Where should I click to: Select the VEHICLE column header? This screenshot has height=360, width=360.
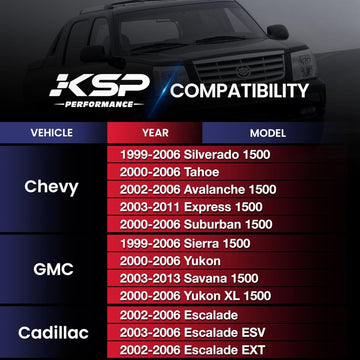[x=51, y=132]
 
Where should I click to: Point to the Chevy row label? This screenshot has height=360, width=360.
[x=51, y=186]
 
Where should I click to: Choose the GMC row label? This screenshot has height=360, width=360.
[x=51, y=269]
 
